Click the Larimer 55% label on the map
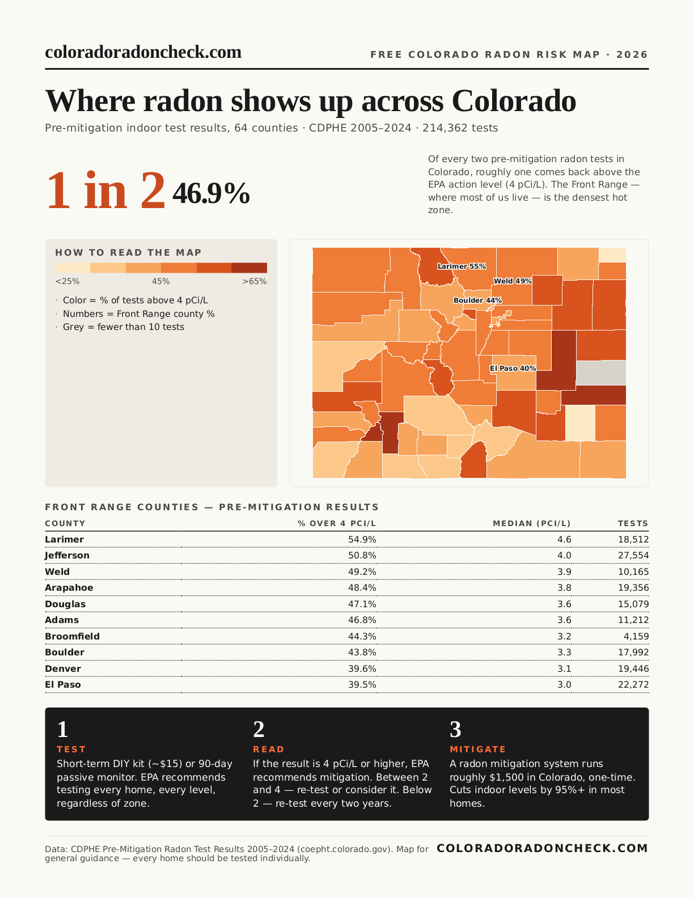click(462, 266)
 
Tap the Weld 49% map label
click(513, 281)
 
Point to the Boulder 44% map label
click(477, 300)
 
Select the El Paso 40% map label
click(513, 368)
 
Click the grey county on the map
click(601, 372)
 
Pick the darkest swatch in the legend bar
click(249, 268)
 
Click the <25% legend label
click(67, 281)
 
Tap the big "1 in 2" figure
click(106, 191)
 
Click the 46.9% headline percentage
click(211, 194)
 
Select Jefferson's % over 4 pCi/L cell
click(362, 556)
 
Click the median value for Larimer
click(564, 540)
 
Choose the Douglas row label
click(65, 604)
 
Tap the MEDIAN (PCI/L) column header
click(531, 523)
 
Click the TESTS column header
click(633, 523)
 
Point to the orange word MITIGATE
click(477, 749)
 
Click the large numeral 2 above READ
click(259, 730)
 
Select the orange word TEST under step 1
click(71, 749)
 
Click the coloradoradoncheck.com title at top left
click(143, 52)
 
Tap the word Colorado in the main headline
click(514, 101)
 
